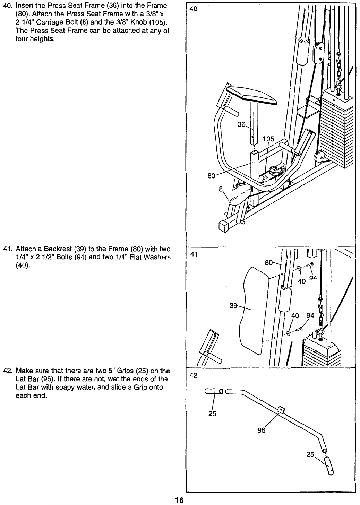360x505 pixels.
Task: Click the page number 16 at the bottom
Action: tap(179, 500)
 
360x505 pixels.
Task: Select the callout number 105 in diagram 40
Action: tap(268, 139)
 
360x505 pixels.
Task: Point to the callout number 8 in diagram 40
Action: tap(221, 189)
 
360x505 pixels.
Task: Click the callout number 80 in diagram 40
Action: tap(211, 176)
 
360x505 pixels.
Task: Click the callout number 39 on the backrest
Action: tap(234, 306)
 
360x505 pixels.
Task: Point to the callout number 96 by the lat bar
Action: tap(261, 430)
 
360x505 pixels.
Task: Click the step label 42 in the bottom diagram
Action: tap(194, 375)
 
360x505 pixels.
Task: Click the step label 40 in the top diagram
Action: tap(194, 9)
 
